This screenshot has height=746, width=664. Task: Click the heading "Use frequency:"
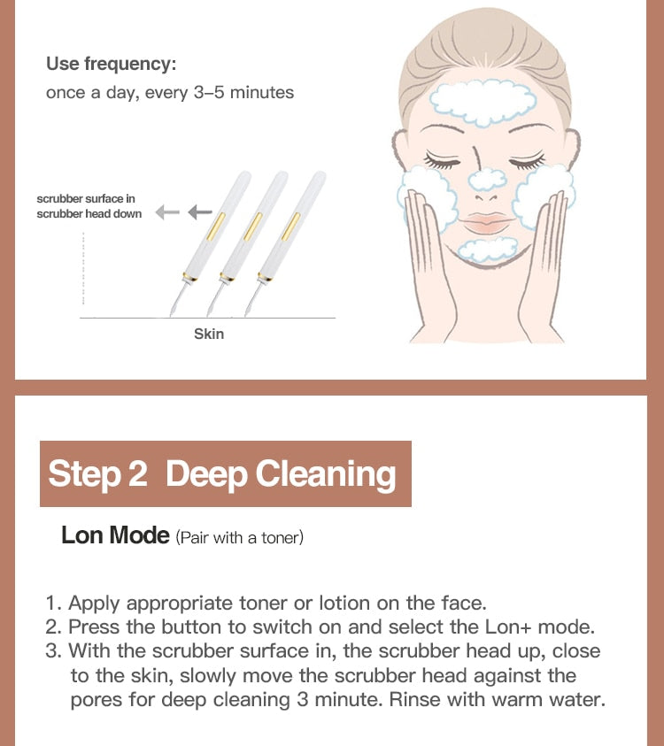[111, 64]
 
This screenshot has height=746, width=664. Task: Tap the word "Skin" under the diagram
[209, 334]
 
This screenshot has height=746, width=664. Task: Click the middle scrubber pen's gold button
[251, 227]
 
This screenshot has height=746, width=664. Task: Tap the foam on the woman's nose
[487, 179]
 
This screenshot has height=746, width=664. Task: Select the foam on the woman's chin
[489, 250]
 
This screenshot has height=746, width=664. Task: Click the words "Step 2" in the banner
[97, 473]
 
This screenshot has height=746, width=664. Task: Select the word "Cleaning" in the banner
[326, 473]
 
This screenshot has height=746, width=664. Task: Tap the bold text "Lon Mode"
[115, 535]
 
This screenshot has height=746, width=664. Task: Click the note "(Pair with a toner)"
[239, 537]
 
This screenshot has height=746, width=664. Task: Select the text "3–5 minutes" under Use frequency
[243, 92]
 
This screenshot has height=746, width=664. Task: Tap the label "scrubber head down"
[89, 214]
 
